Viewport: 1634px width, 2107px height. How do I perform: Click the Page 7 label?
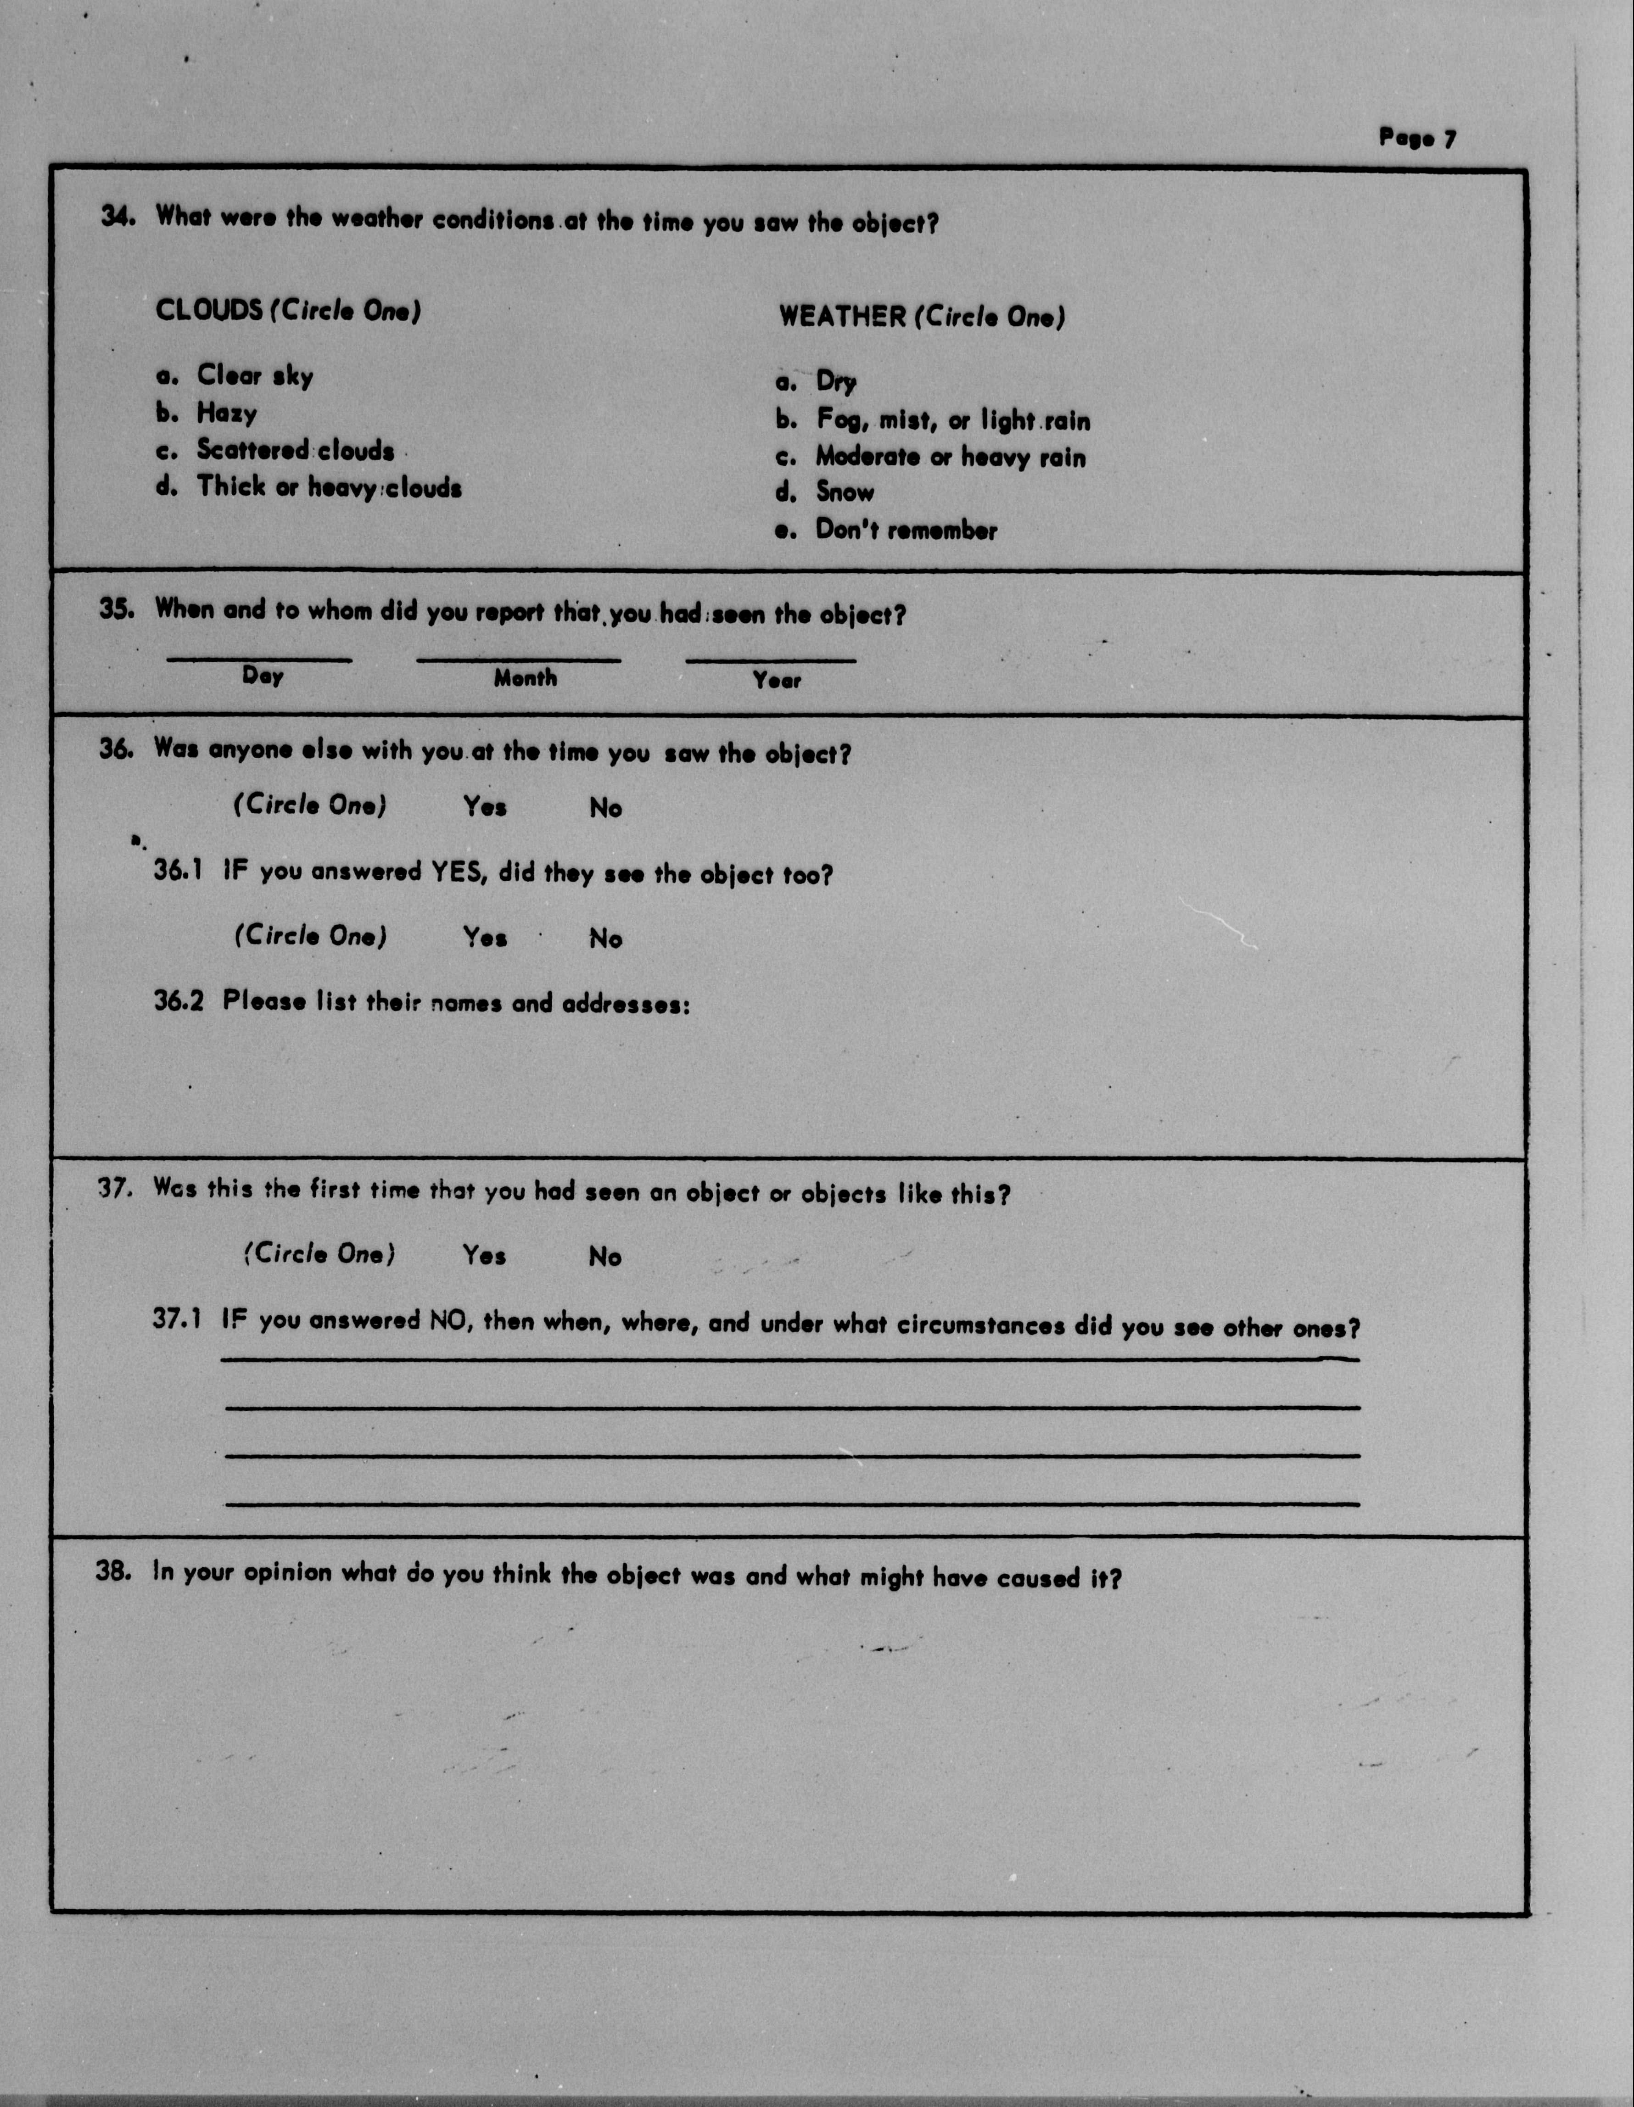[1417, 138]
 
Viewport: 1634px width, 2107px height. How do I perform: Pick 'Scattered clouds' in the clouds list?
[295, 451]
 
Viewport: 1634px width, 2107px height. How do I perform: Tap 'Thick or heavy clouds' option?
[329, 487]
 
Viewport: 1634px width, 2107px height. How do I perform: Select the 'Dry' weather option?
[835, 382]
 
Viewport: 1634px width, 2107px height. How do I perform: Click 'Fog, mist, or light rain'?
[953, 421]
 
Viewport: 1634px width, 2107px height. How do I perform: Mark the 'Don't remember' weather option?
[906, 530]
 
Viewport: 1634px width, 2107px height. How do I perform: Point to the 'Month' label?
[526, 678]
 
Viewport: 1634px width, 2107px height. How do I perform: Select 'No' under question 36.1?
[606, 939]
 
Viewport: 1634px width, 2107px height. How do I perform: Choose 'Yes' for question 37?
[484, 1255]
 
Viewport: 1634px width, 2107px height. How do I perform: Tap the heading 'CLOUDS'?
[208, 311]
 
